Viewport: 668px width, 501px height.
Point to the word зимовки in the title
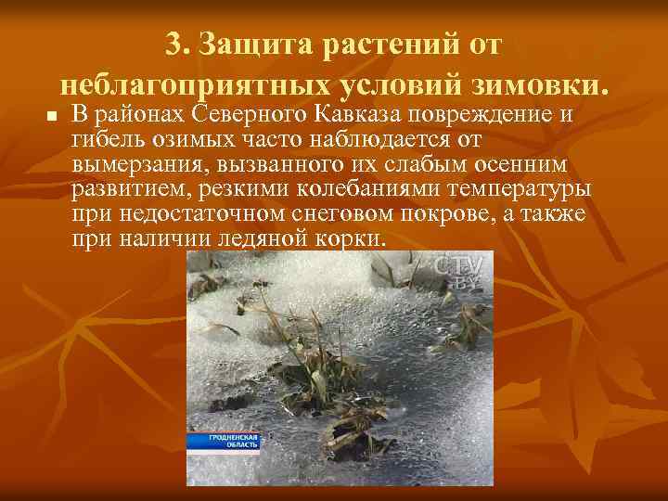tap(540, 85)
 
